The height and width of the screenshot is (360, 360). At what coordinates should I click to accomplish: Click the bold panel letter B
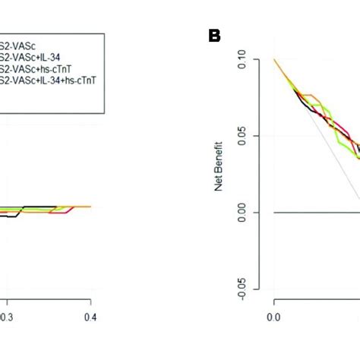(x=215, y=36)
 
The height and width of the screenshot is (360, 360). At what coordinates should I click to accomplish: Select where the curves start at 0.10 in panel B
(x=274, y=59)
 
